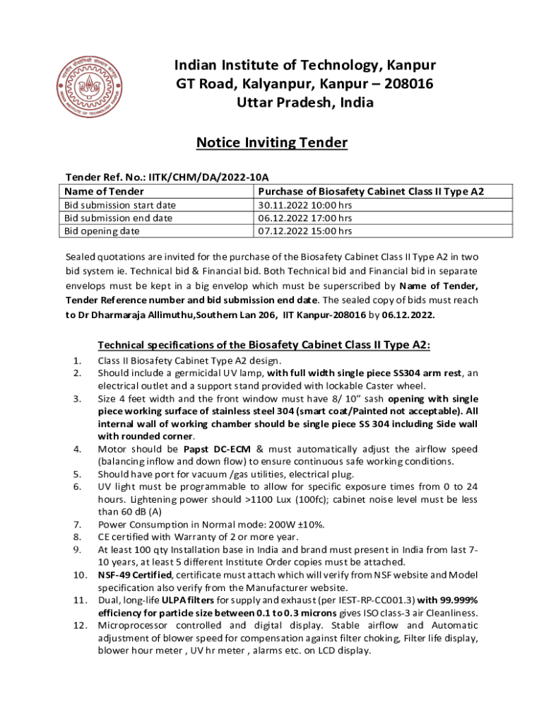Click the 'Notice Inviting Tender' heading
pos(272,143)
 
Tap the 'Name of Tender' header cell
pos(104,192)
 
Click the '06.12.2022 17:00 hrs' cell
pos(305,218)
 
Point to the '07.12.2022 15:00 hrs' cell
pos(305,230)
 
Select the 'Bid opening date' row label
pos(102,230)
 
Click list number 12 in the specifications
pos(78,626)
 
